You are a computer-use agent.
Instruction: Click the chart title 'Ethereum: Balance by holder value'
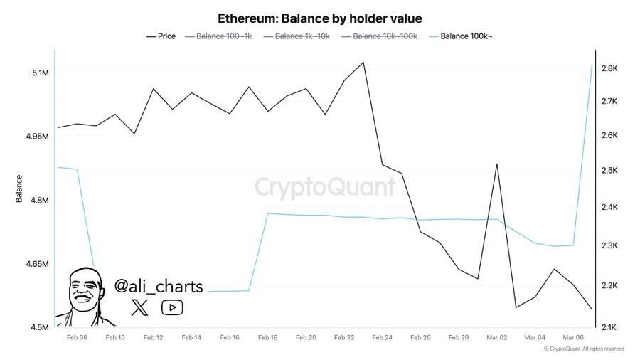tap(319, 18)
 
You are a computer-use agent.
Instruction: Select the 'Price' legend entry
tap(161, 36)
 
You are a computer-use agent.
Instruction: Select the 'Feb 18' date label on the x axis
tap(267, 338)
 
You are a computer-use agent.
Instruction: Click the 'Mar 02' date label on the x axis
tap(496, 338)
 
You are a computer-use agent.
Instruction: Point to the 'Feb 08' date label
tap(76, 338)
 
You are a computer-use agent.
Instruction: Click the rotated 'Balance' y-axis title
tap(19, 189)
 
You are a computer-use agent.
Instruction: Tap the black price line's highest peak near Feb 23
tap(363, 62)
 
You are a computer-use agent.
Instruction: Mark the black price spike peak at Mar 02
tap(496, 164)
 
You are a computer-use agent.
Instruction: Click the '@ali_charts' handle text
tap(159, 287)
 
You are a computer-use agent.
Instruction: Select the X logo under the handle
tap(140, 307)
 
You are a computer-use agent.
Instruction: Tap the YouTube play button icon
tap(172, 307)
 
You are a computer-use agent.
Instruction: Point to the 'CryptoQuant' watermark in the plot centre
tap(324, 187)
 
